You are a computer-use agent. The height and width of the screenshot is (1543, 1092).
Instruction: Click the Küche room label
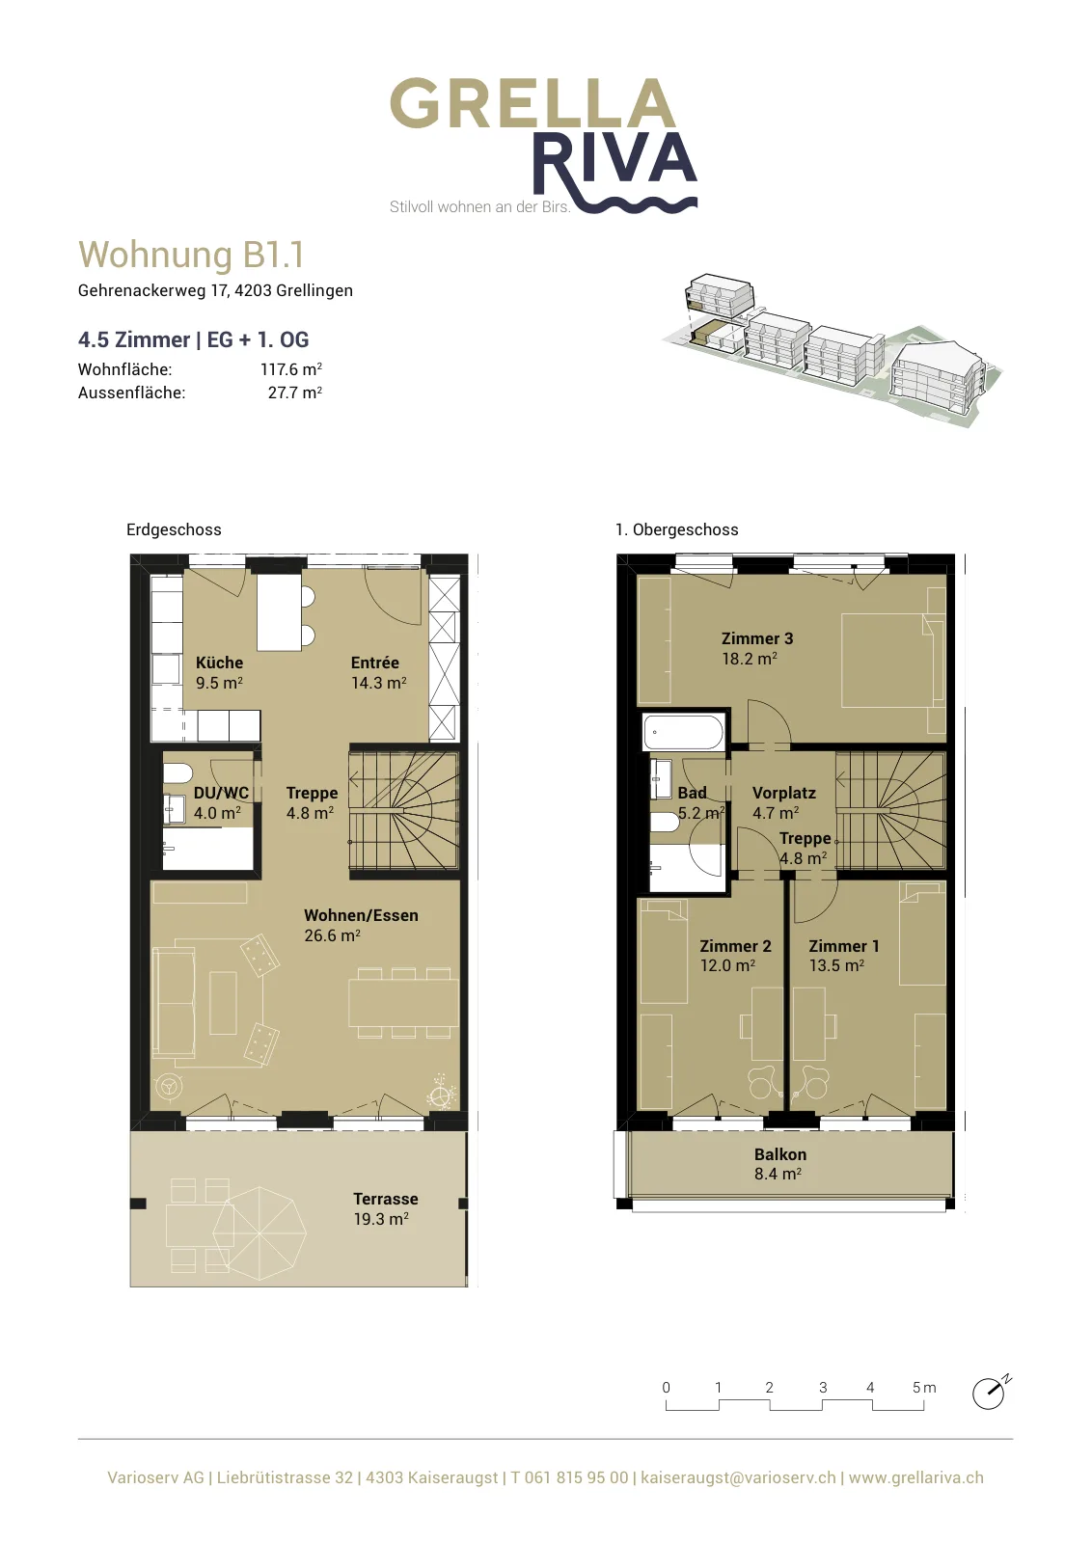219,663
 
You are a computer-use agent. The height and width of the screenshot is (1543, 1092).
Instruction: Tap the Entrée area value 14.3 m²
378,683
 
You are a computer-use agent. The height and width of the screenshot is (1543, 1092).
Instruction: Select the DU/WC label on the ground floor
221,793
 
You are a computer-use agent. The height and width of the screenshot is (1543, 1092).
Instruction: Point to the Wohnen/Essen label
361,915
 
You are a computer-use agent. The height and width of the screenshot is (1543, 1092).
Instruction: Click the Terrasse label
385,1200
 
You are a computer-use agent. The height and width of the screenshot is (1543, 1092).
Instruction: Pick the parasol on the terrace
259,1233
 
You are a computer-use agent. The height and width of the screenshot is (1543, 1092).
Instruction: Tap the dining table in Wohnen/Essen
404,1003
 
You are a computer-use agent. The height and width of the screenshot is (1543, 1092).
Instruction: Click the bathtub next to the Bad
683,732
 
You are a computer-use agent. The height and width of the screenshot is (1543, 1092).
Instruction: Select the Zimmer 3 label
757,638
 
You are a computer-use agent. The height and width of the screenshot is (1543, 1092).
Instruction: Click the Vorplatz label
784,793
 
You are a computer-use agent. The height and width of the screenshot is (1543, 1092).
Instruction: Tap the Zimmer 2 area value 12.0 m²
727,965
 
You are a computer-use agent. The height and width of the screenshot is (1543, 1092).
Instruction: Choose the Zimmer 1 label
844,946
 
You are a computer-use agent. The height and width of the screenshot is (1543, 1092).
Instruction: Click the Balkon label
779,1154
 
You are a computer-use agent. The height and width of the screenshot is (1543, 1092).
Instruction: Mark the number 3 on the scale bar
823,1388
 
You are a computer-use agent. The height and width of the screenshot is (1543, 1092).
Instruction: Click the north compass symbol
990,1394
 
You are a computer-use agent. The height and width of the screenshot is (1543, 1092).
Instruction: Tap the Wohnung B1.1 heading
191,255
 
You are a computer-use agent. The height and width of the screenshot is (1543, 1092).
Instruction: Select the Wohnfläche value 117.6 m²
290,369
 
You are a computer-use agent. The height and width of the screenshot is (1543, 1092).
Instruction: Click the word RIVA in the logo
614,163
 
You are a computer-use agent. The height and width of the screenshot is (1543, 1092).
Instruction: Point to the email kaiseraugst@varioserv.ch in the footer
738,1477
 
